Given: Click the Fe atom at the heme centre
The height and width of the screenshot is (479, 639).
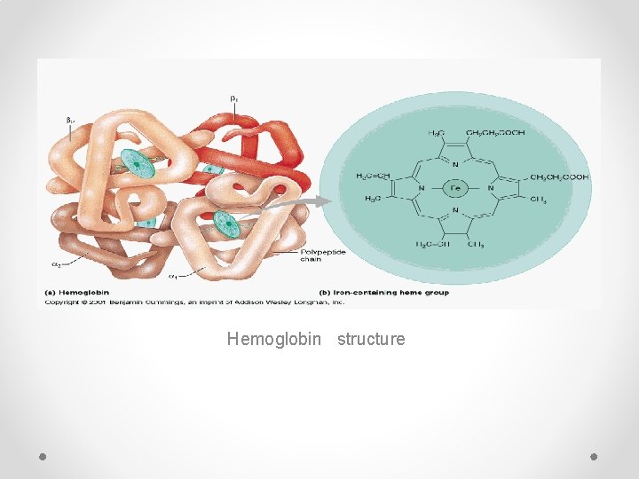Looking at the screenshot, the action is [x=455, y=188].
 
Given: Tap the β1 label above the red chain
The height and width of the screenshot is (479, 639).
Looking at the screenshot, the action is [x=233, y=98].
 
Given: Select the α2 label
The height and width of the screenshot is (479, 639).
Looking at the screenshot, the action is [x=56, y=264].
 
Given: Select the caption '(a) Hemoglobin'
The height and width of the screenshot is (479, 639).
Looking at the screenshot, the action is [x=77, y=292].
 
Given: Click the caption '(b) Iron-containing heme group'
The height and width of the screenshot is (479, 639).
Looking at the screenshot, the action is [x=383, y=292].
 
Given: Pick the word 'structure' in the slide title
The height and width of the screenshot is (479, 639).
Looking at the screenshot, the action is [x=371, y=339].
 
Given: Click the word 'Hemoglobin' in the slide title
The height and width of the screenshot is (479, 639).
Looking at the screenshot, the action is [x=274, y=339].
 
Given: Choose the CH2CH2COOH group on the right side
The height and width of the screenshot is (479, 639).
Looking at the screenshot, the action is [x=559, y=177].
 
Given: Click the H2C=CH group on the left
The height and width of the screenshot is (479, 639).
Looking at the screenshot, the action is [x=372, y=177].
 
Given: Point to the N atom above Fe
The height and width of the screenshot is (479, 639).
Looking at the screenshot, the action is [x=456, y=164].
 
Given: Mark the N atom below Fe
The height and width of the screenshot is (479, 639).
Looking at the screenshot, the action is [x=456, y=211].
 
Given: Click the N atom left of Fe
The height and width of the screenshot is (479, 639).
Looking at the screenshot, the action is [x=422, y=188].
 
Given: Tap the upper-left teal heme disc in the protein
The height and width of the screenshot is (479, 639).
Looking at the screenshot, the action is [x=138, y=163].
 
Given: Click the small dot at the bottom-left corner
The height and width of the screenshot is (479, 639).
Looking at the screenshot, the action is [x=43, y=455].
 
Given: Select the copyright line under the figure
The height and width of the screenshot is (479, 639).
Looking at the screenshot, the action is [x=195, y=302].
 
